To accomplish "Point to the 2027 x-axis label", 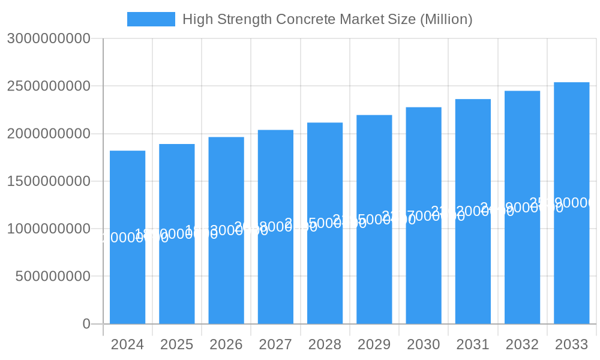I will (x=275, y=344).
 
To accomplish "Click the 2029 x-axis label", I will (x=374, y=344).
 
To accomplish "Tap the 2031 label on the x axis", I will (x=473, y=344).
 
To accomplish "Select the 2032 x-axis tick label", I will (x=522, y=344).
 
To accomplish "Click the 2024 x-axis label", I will (x=127, y=344).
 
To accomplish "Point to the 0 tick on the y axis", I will (x=86, y=324).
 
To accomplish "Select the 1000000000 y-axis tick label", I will (x=49, y=229).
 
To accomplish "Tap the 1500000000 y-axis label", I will (x=49, y=181).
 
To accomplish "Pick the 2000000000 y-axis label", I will (x=49, y=134).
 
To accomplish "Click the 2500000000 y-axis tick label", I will (x=49, y=86).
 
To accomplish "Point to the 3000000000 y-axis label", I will (x=49, y=38).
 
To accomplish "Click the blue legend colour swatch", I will (x=151, y=19).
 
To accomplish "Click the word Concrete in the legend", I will (x=305, y=19).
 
